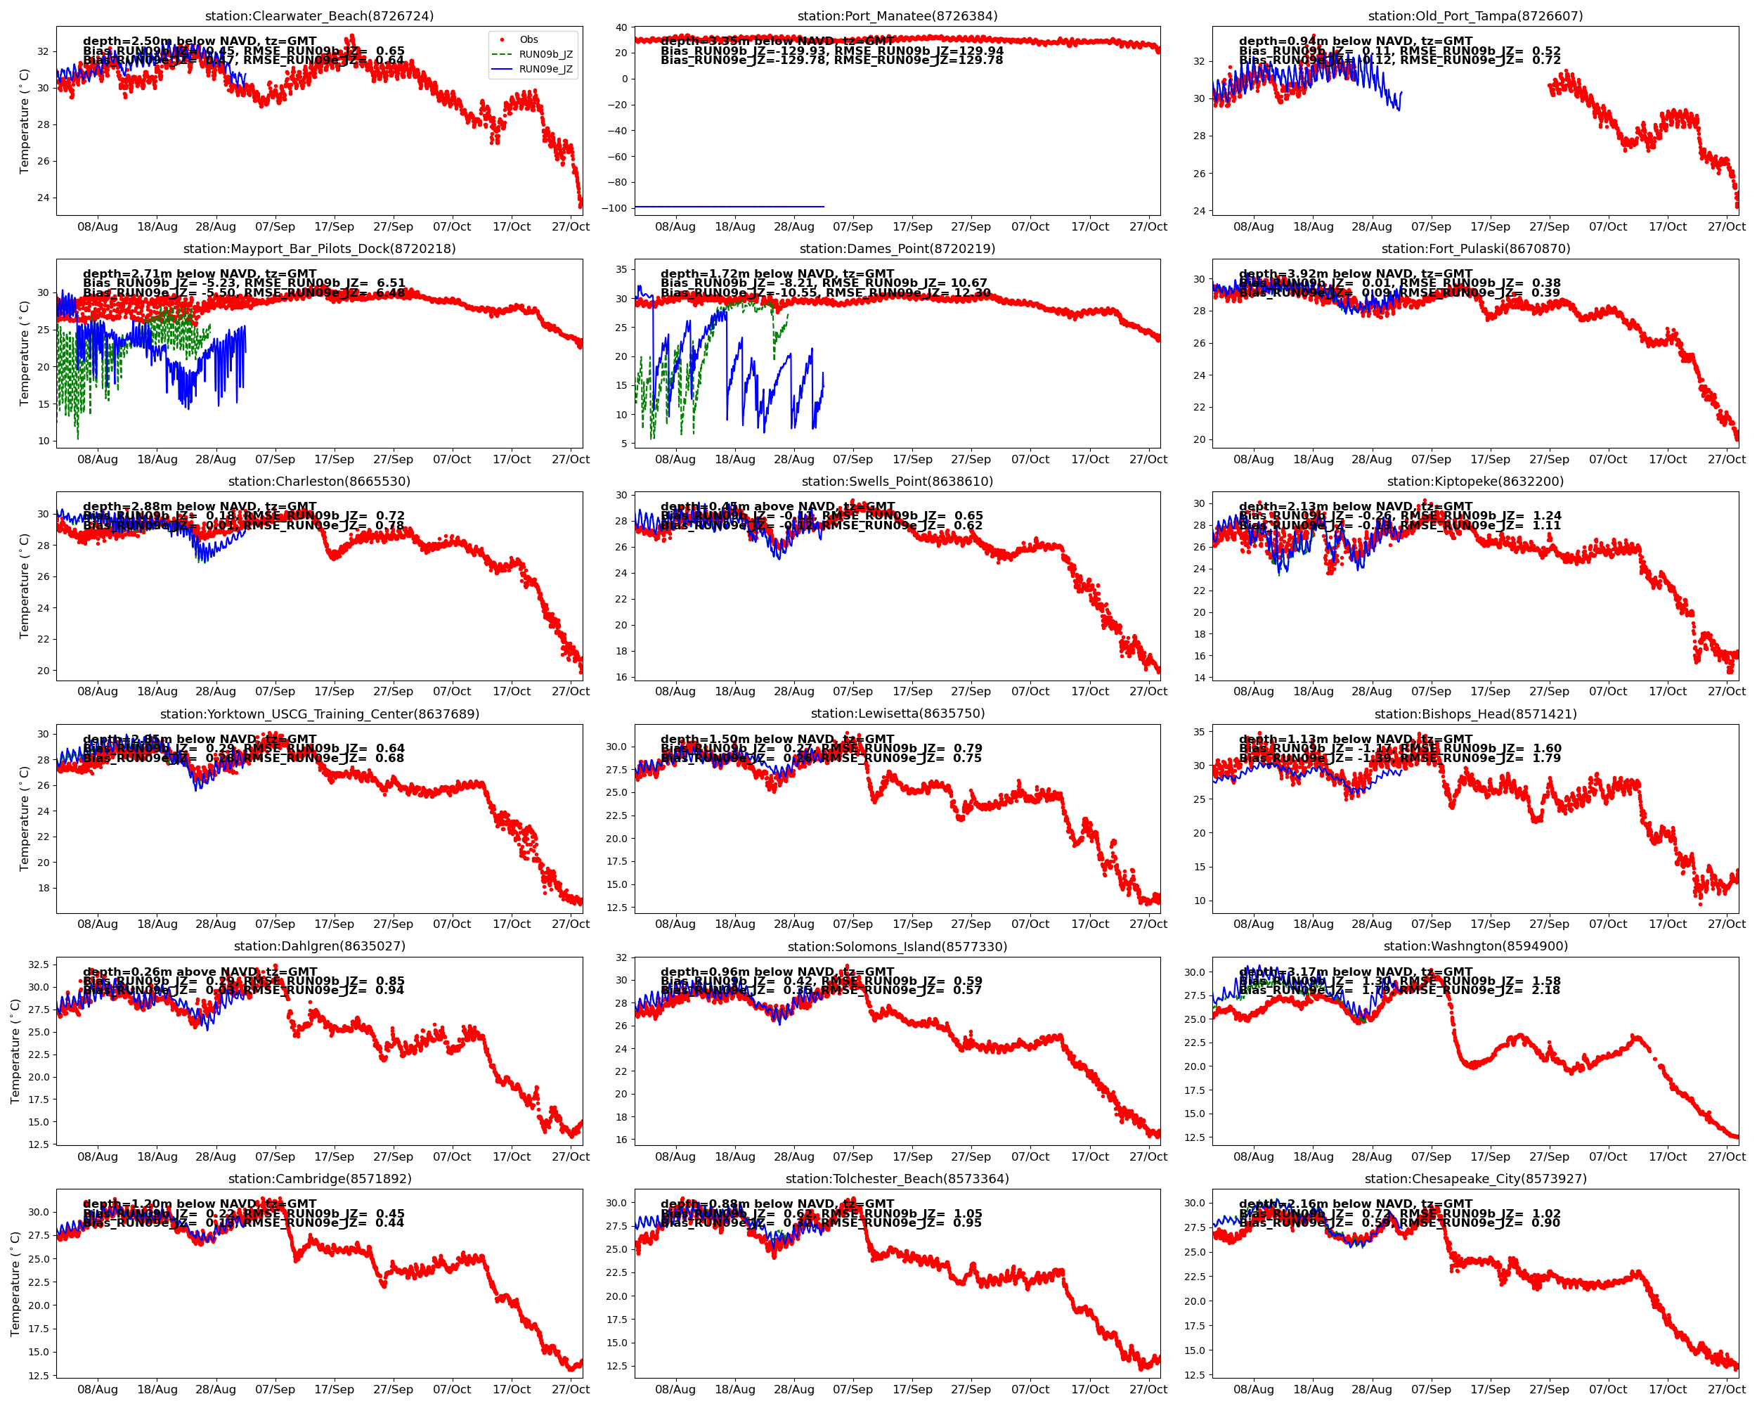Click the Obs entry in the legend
tap(528, 40)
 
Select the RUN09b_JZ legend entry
tap(545, 55)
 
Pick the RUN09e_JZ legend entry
tap(545, 70)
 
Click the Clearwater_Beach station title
tap(320, 16)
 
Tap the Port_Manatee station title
tap(897, 16)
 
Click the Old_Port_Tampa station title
tap(1475, 16)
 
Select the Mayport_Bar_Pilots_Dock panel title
tap(320, 249)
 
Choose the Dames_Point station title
tap(897, 249)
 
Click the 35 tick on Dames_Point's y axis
tap(621, 270)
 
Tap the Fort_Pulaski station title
tap(1475, 249)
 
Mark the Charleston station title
tap(320, 482)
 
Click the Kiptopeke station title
tap(1475, 482)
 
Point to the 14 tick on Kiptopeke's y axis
tap(1199, 677)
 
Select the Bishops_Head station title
tap(1475, 714)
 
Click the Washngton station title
tap(1475, 946)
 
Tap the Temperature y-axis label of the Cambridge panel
tap(15, 1283)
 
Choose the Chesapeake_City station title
tap(1475, 1179)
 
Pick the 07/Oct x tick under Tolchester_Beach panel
tap(1030, 1389)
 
